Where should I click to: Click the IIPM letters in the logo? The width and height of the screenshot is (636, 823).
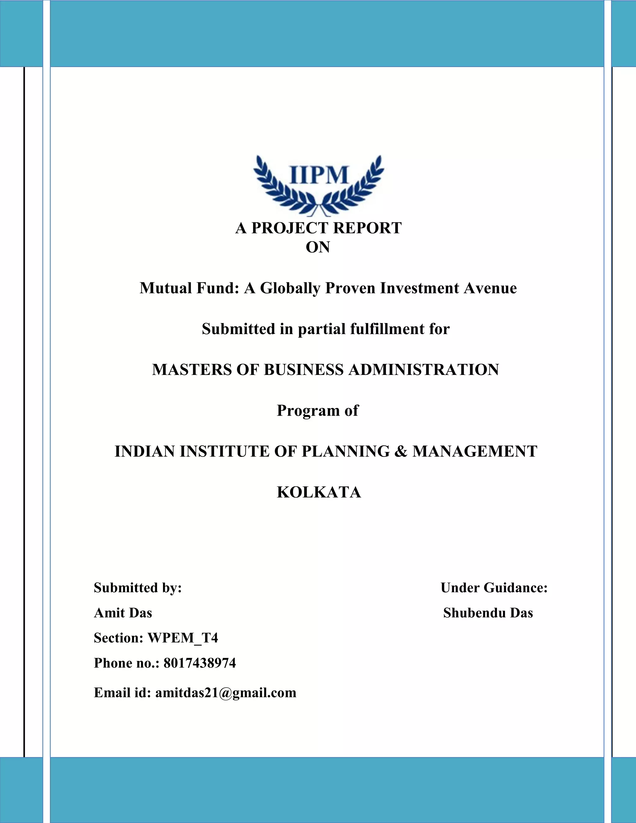pyautogui.click(x=319, y=175)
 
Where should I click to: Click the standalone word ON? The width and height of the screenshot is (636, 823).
pyautogui.click(x=318, y=247)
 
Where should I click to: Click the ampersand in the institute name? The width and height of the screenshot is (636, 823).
pyautogui.click(x=401, y=452)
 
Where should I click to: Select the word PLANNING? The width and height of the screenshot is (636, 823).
pyautogui.click(x=346, y=452)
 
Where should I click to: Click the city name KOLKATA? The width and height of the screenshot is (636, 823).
pyautogui.click(x=319, y=492)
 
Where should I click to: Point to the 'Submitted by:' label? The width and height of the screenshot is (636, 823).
pyautogui.click(x=138, y=588)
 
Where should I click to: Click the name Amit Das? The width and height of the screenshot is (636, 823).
pyautogui.click(x=123, y=613)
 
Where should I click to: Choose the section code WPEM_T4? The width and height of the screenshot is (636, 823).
pyautogui.click(x=183, y=638)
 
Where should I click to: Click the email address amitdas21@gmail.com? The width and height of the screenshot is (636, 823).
pyautogui.click(x=226, y=692)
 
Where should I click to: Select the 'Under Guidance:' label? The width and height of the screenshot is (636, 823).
pyautogui.click(x=493, y=588)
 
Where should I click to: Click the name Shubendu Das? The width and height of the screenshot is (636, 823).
pyautogui.click(x=488, y=613)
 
